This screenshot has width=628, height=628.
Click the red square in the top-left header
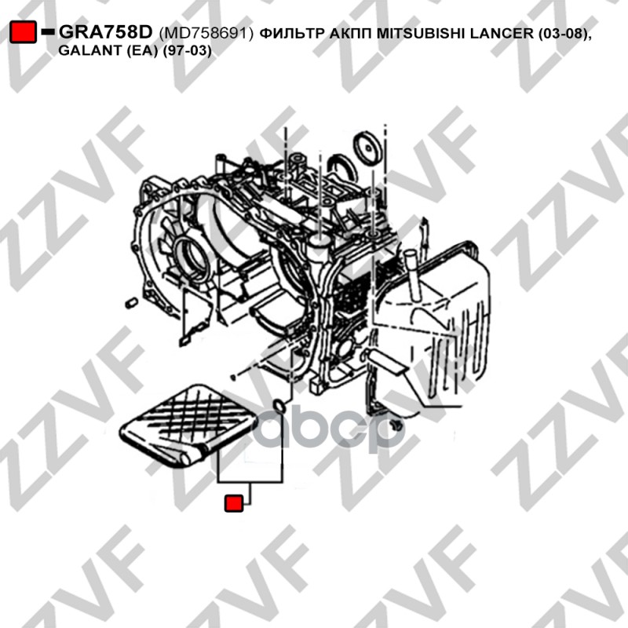click(x=24, y=32)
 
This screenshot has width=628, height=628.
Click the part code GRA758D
click(x=106, y=32)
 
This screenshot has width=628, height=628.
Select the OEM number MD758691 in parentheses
click(x=206, y=33)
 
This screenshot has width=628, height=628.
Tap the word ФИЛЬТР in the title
click(x=292, y=33)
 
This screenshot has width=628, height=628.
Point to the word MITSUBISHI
click(x=421, y=33)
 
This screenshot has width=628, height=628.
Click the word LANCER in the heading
click(x=502, y=33)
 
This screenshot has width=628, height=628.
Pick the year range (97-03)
click(x=187, y=51)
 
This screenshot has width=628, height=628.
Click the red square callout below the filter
click(x=234, y=503)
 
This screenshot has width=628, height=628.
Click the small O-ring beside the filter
click(x=279, y=406)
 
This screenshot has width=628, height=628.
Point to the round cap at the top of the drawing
click(x=367, y=147)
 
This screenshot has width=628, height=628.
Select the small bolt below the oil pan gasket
click(x=397, y=425)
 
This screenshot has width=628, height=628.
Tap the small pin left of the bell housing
click(x=132, y=303)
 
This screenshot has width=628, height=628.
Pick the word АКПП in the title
click(x=350, y=33)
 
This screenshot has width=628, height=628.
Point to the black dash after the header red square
click(x=48, y=31)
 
